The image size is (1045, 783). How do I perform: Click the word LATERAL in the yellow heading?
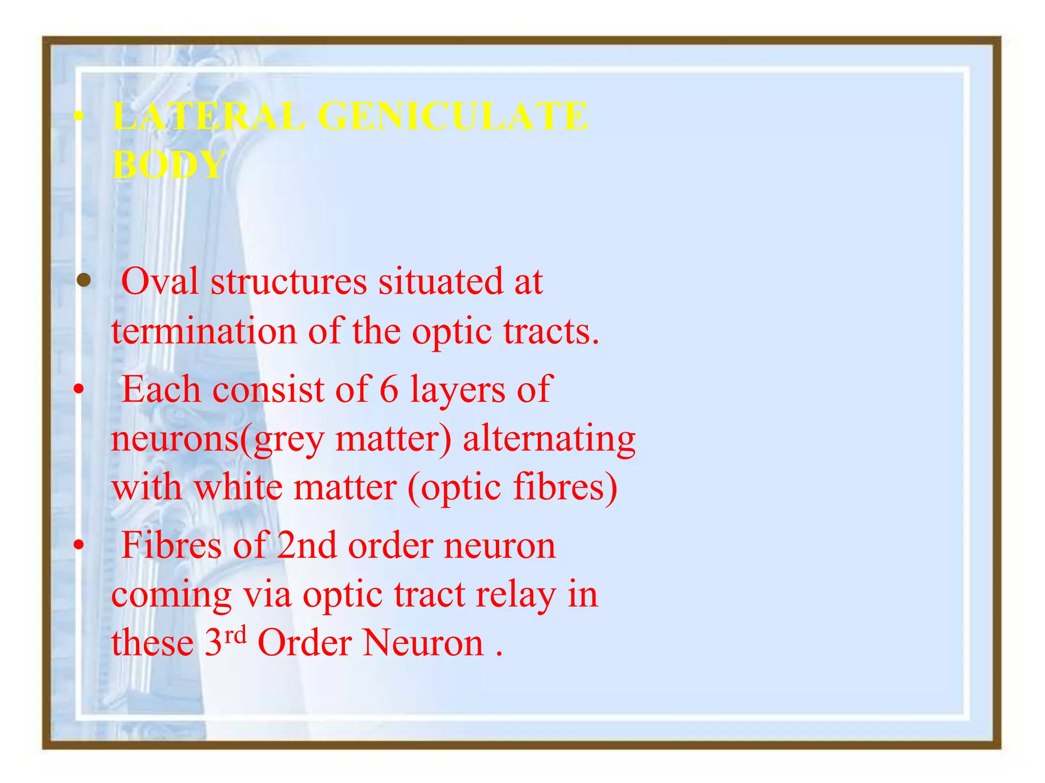208,116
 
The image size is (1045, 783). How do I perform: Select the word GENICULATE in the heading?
453,116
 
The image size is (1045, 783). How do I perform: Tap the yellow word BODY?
169,165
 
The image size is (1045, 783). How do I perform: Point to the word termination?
204,331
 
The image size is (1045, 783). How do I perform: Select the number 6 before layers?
389,389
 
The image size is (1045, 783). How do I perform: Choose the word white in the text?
238,487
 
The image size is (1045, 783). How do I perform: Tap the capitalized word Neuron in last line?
423,643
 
